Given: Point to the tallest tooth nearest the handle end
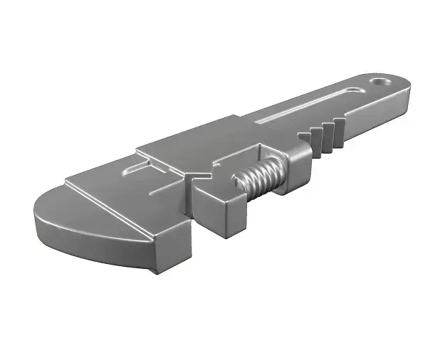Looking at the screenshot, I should [339, 134].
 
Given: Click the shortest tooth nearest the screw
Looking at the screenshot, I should [305, 140].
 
